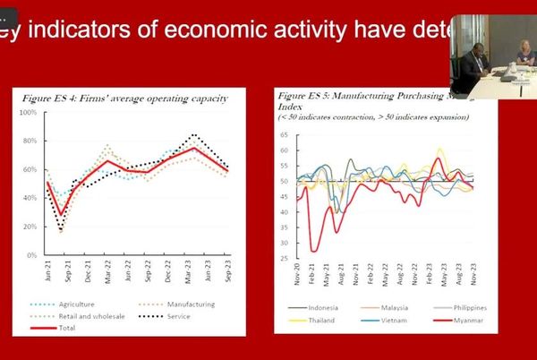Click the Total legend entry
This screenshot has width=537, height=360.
pyautogui.click(x=69, y=329)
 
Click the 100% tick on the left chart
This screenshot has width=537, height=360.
pyautogui.click(x=27, y=113)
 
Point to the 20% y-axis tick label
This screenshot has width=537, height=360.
pyautogui.click(x=30, y=227)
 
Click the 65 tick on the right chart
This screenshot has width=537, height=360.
pyautogui.click(x=285, y=136)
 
